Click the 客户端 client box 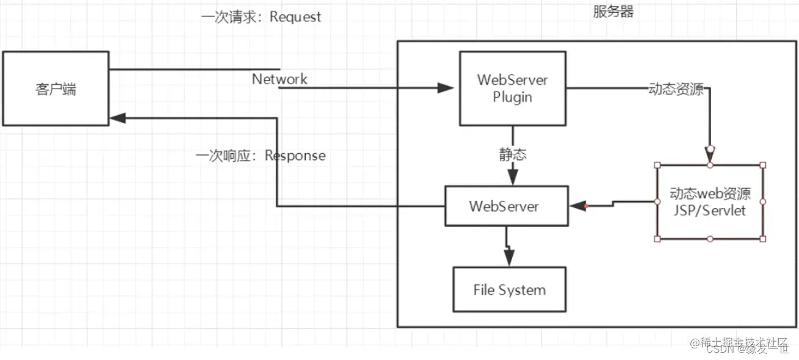(56, 89)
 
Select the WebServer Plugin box (512, 88)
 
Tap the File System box (509, 289)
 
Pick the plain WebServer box (504, 206)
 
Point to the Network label (280, 79)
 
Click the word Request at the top (295, 17)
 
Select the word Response (295, 156)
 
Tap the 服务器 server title (613, 12)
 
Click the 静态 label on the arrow (512, 155)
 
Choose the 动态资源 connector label (676, 89)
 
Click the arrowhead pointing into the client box (117, 118)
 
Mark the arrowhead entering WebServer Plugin (446, 88)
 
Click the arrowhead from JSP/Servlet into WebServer (577, 206)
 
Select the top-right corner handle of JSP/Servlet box (762, 165)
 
